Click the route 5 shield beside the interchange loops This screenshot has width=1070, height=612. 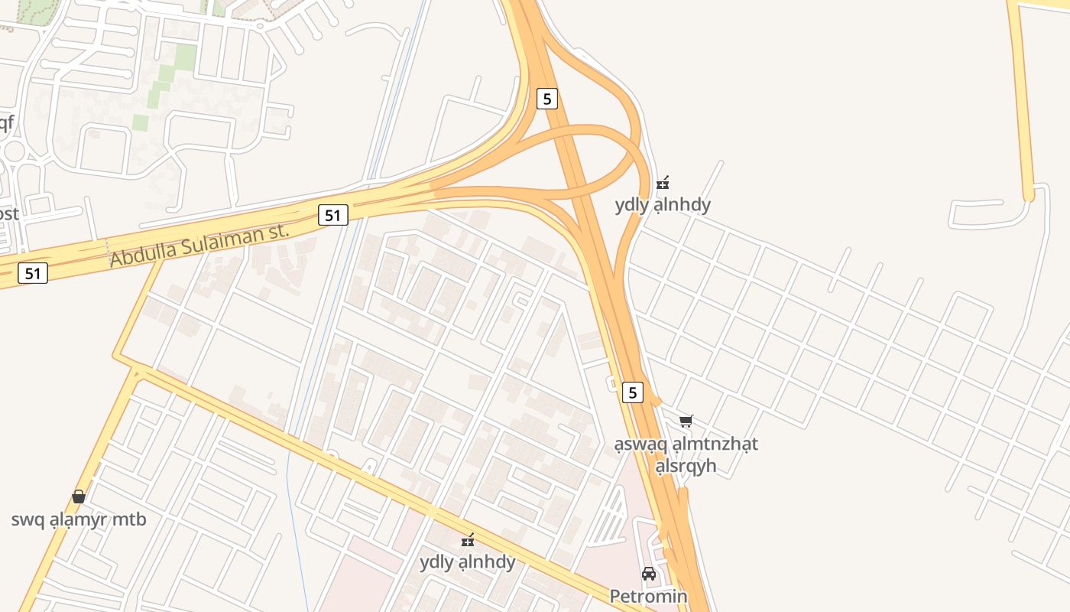tap(546, 99)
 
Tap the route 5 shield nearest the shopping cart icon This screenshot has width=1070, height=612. tap(632, 392)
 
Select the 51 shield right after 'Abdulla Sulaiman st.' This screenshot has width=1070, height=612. tap(332, 215)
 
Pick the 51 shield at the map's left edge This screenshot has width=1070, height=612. tap(33, 272)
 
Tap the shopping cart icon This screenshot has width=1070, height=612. tap(686, 421)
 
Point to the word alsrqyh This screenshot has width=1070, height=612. tap(686, 465)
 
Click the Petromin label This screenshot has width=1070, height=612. tap(648, 596)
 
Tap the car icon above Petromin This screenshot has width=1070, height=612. tap(649, 574)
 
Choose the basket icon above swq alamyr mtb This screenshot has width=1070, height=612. tap(79, 496)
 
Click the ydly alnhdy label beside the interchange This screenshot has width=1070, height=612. tap(663, 205)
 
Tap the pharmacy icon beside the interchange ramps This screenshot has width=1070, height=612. tap(663, 183)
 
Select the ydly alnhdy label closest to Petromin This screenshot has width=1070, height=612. tap(467, 562)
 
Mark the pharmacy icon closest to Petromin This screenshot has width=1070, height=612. tap(468, 540)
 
